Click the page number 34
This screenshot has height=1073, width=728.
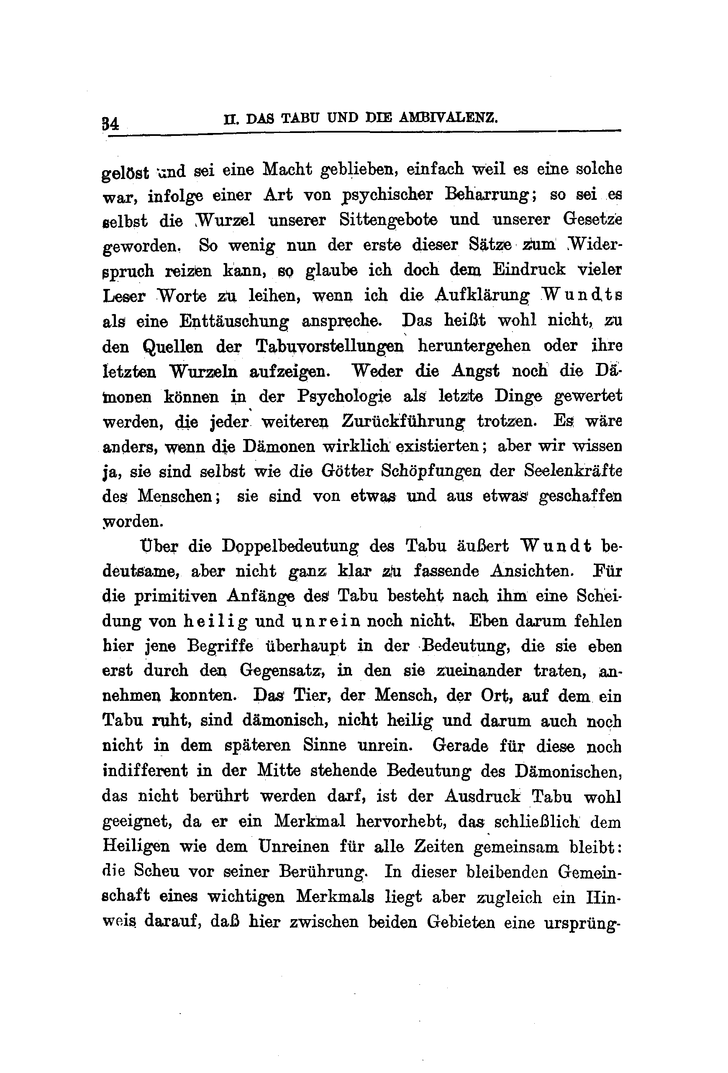click(x=110, y=124)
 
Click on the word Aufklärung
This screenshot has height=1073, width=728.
click(x=483, y=296)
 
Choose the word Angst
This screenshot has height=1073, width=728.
click(x=476, y=371)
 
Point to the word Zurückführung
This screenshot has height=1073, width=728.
click(x=403, y=421)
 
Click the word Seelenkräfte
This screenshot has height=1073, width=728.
click(x=573, y=471)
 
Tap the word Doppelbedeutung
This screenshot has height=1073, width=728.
click(x=290, y=546)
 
